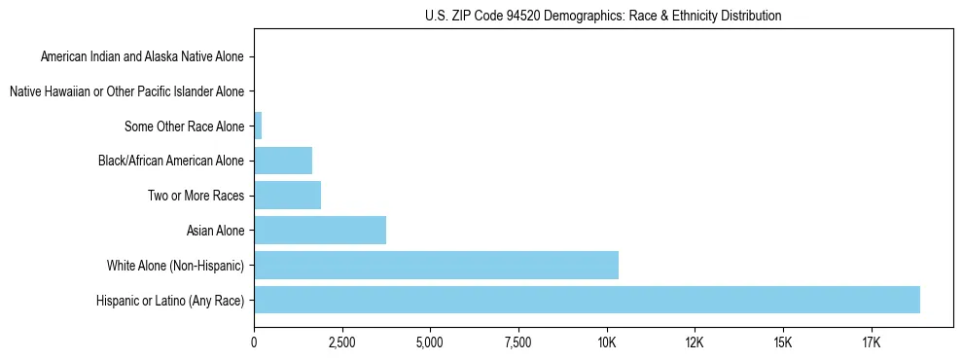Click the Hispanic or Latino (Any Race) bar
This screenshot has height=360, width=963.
[x=587, y=300]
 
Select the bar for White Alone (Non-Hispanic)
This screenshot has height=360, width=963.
[x=436, y=265]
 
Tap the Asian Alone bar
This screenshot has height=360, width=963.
[x=320, y=231]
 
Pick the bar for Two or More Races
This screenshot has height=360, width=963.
[x=287, y=196]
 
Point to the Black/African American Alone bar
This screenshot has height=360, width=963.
[x=283, y=161]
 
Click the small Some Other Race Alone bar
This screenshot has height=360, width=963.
[x=258, y=126]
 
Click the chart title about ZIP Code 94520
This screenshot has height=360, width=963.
[x=603, y=16]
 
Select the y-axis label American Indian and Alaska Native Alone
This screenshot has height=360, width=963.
[x=143, y=56]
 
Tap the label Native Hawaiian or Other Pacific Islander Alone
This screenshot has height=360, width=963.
[x=127, y=91]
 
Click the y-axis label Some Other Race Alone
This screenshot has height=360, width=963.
[x=185, y=126]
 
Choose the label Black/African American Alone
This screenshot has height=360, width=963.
[x=172, y=161]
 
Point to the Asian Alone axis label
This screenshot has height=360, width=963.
[x=215, y=231]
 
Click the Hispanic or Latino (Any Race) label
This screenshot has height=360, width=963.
[x=171, y=301]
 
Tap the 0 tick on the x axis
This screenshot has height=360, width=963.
[x=254, y=342]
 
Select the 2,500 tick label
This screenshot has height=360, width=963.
[x=342, y=342]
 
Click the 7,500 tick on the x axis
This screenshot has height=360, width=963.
[x=518, y=342]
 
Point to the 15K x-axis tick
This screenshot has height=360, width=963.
[x=782, y=342]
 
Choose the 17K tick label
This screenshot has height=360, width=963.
[x=871, y=342]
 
